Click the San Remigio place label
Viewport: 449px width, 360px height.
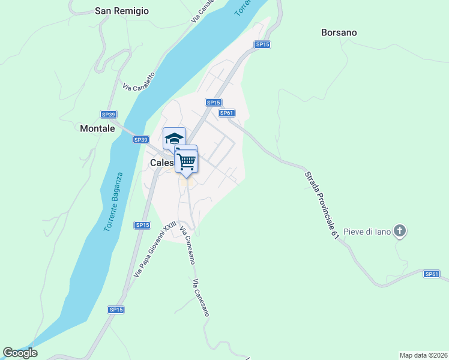[x=122, y=11]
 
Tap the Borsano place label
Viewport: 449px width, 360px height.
[x=339, y=32]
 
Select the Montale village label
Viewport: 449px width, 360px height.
[x=97, y=128]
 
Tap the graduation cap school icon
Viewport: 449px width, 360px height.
[x=174, y=138]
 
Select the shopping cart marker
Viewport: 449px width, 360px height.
[x=187, y=161]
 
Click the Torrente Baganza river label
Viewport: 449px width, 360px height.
[x=112, y=202]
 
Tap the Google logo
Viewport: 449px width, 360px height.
[x=20, y=353]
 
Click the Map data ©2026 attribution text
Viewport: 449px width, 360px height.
[x=423, y=355]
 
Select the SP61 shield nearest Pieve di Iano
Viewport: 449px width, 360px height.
[x=432, y=274]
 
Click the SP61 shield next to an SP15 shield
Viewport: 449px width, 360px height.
[x=226, y=113]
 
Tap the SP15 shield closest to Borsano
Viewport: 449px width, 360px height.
[x=262, y=44]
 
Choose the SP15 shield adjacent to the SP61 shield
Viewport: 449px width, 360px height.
[x=214, y=103]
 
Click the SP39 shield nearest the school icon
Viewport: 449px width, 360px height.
[x=140, y=140]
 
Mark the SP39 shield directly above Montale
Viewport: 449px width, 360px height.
[x=108, y=114]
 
